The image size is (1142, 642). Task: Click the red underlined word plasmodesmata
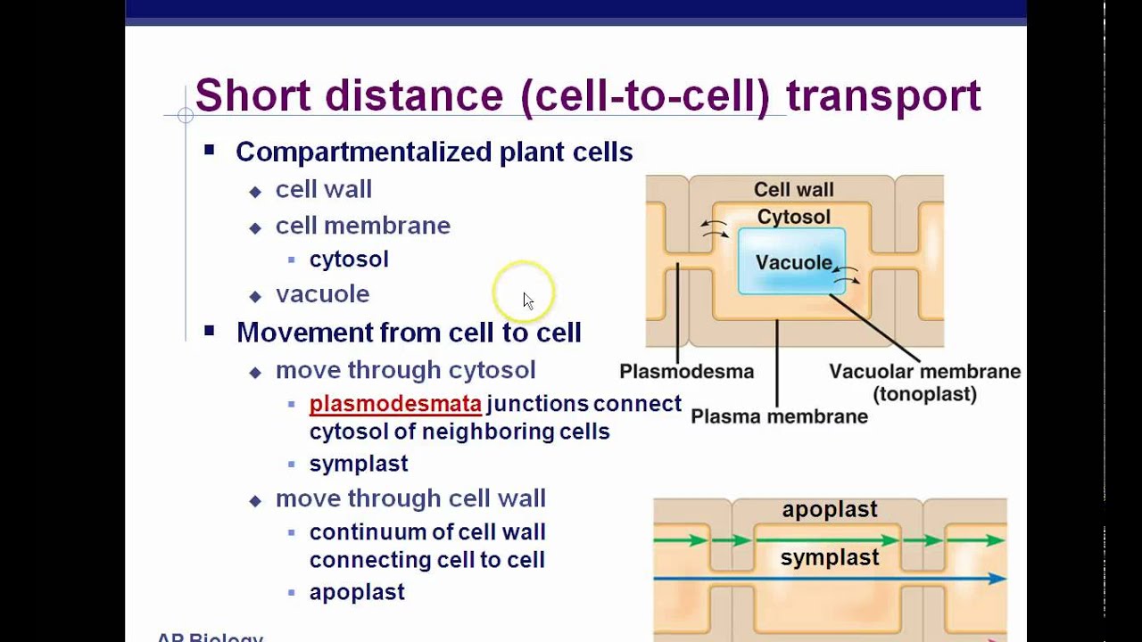point(395,404)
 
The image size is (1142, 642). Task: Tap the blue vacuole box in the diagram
point(791,260)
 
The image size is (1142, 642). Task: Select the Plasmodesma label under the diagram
point(686,372)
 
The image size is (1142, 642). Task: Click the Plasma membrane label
point(779,416)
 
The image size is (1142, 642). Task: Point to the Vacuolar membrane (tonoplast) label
point(924,382)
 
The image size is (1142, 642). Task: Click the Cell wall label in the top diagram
point(793,189)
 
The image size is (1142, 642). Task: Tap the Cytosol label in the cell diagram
point(793,217)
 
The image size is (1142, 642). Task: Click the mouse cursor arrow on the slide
point(527,300)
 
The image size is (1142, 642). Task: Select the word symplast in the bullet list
point(359,464)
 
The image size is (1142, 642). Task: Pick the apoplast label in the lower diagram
point(830,509)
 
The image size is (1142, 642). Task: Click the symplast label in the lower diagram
point(830,558)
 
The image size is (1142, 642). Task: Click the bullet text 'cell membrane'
point(362,226)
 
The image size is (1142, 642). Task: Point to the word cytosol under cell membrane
point(349,259)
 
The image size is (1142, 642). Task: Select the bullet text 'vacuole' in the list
point(322,293)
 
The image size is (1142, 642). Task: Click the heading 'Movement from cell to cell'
point(409,333)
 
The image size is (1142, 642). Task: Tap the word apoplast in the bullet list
point(357,592)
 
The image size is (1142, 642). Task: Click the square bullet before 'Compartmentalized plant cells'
point(210,151)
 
